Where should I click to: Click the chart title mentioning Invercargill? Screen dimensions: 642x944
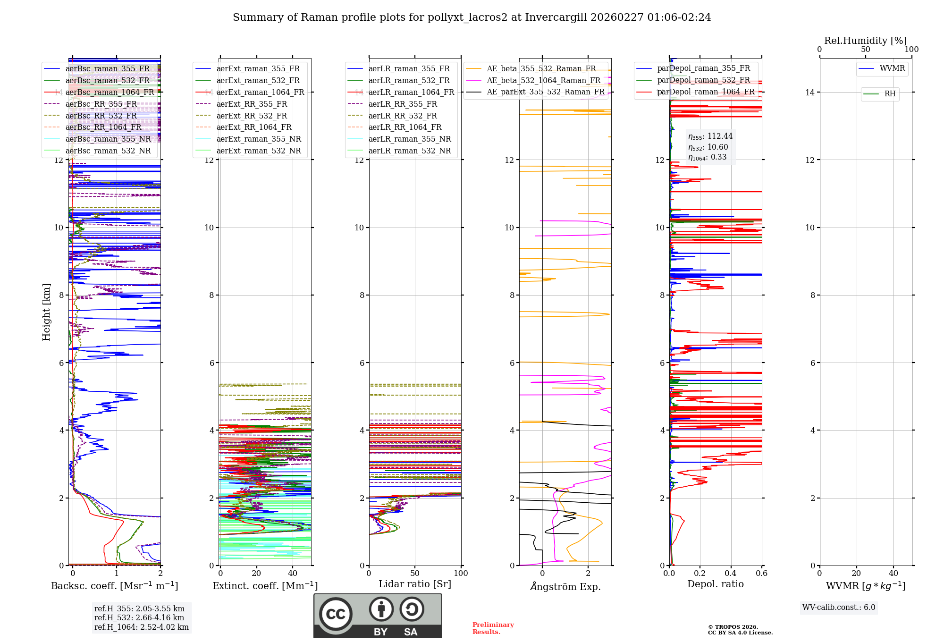tap(472, 17)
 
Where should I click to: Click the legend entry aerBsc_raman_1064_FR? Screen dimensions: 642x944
tap(110, 92)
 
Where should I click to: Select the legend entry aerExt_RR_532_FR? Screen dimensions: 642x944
tap(252, 116)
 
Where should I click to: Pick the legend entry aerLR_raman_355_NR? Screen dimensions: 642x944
tap(409, 139)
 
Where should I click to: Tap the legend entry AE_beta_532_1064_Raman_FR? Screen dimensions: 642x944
tap(543, 80)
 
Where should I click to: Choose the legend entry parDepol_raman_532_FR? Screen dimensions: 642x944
tap(703, 80)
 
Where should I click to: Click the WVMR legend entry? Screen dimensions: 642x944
tap(892, 68)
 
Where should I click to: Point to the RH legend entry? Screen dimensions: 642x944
tap(890, 94)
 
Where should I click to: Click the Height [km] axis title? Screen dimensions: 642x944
tap(46, 312)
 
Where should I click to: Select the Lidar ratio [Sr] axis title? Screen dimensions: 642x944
tap(415, 584)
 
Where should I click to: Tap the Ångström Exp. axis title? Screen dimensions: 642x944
tap(565, 586)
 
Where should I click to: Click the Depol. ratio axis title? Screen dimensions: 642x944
tap(715, 584)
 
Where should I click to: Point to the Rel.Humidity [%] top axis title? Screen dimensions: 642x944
tap(865, 41)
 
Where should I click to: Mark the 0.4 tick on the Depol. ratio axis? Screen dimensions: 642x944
tap(731, 573)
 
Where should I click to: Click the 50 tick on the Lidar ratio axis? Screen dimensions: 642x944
tap(415, 573)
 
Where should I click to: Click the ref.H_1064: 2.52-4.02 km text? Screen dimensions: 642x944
tap(141, 627)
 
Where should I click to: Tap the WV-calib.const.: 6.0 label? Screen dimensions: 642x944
tap(839, 607)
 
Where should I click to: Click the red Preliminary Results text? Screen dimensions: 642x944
tap(493, 628)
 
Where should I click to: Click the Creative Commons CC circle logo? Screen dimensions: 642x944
tap(336, 614)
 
